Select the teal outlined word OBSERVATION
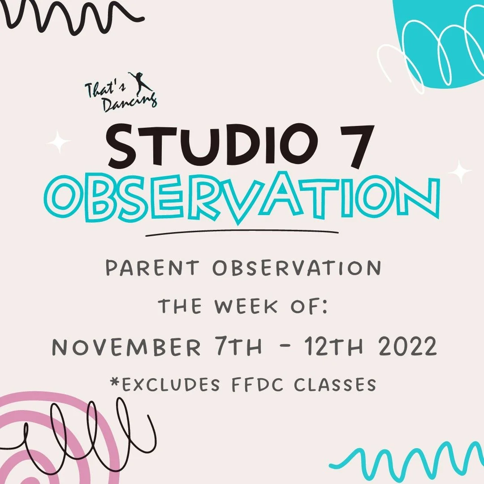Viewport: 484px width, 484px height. [242, 198]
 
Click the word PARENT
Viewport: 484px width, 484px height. [152, 268]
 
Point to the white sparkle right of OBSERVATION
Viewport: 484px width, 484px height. [460, 171]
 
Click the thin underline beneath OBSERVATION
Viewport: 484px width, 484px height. [242, 233]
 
